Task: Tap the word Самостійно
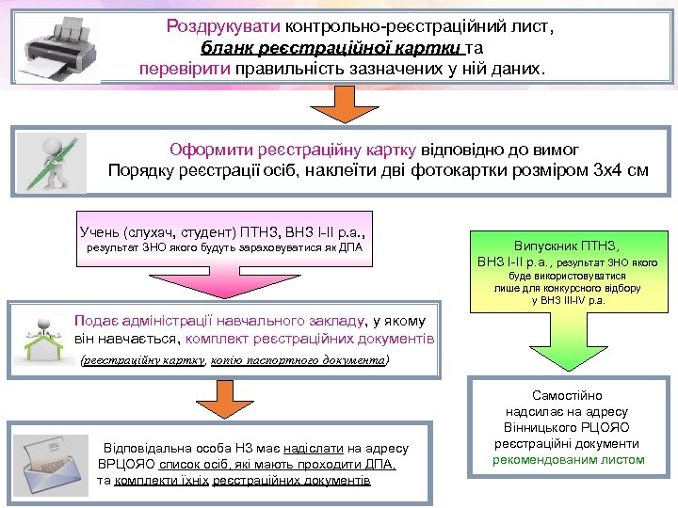(567, 396)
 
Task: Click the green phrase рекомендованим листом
(568, 459)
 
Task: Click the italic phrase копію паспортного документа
(299, 360)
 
